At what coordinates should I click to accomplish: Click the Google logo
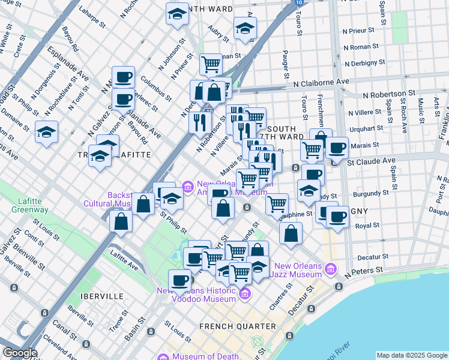pos(20,353)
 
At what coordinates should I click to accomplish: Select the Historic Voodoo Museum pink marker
pos(244,294)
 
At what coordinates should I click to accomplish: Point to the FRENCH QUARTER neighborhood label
pos(238,326)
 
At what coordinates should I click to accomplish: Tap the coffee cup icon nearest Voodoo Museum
pos(179,280)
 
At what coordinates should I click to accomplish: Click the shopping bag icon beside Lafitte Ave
pos(121,221)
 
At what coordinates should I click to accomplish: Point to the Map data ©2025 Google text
pos(412,355)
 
